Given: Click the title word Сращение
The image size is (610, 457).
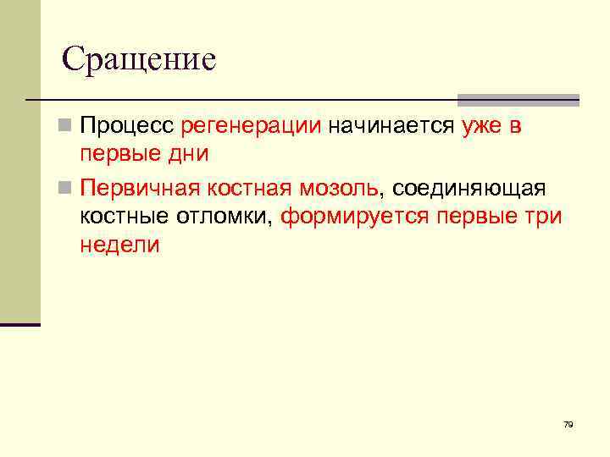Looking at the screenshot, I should click(x=140, y=58).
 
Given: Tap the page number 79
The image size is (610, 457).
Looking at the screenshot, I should click(x=568, y=424).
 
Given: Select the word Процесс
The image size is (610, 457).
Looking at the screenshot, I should click(x=126, y=126).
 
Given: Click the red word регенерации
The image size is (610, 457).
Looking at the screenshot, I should click(x=251, y=126).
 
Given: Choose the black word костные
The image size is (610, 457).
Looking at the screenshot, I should click(x=125, y=215).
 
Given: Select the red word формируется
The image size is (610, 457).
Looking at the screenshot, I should click(x=355, y=215).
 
